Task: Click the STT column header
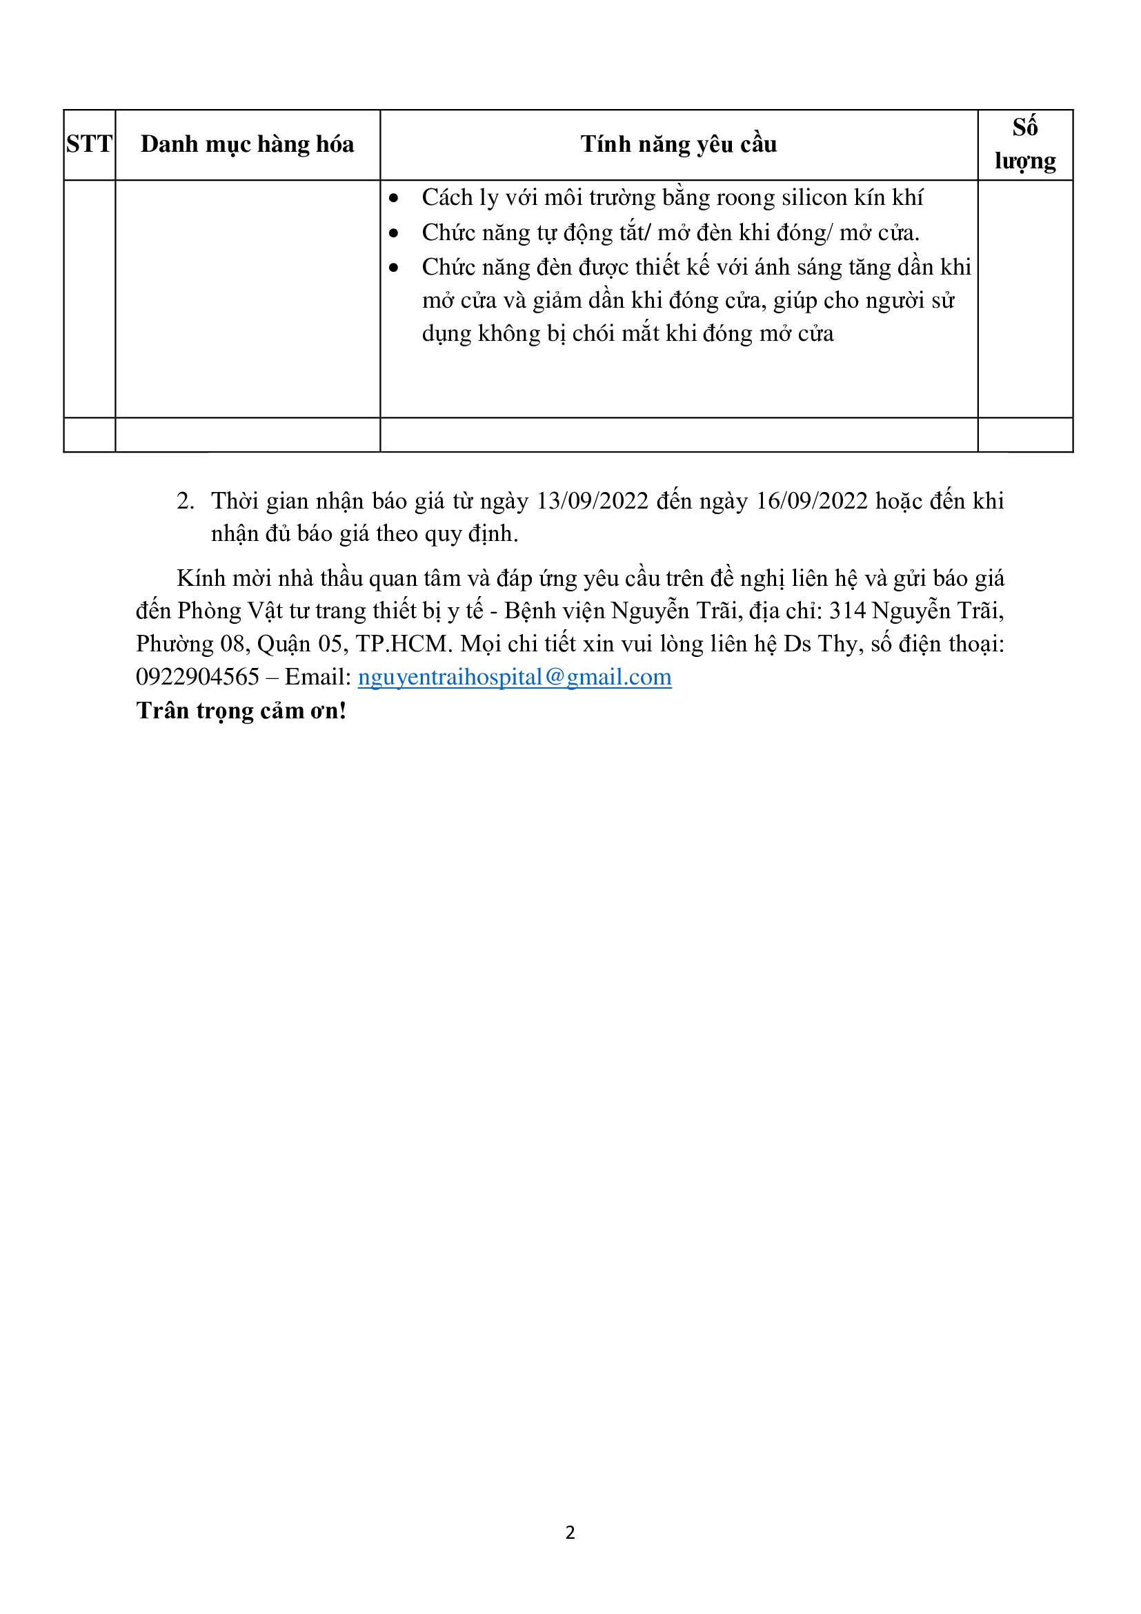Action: pyautogui.click(x=89, y=144)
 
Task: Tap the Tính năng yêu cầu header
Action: pyautogui.click(x=678, y=144)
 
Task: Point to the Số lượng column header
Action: pyautogui.click(x=1024, y=144)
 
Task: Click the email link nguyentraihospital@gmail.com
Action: pyautogui.click(x=515, y=677)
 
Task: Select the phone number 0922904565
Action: pyautogui.click(x=197, y=677)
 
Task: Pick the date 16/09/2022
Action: pyautogui.click(x=811, y=501)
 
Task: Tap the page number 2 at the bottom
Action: pyautogui.click(x=570, y=1533)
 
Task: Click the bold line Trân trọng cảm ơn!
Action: pyautogui.click(x=241, y=711)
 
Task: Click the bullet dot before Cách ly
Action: pyautogui.click(x=393, y=199)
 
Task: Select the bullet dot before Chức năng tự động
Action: pyautogui.click(x=393, y=233)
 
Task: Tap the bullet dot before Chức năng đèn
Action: pyautogui.click(x=393, y=268)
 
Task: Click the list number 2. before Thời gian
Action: pyautogui.click(x=186, y=501)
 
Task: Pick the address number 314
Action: pyautogui.click(x=847, y=611)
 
